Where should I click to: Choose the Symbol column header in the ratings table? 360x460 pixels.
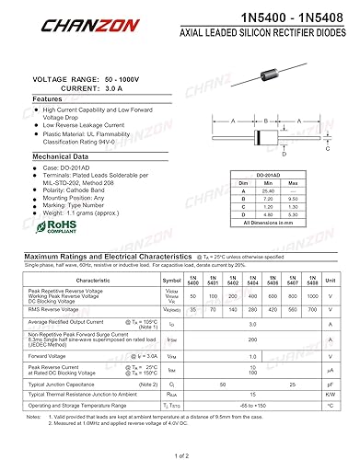172,280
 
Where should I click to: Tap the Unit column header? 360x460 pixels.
331,280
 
